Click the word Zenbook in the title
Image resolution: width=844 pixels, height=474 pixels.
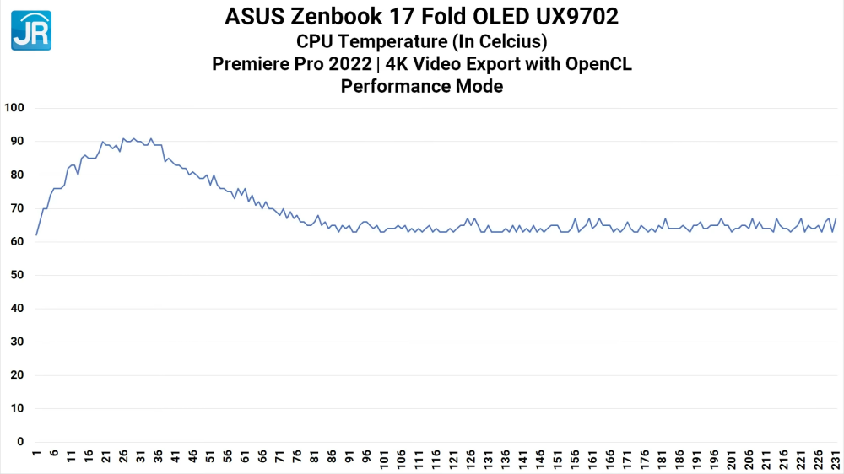(336, 17)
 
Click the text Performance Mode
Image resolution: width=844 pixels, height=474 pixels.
(422, 86)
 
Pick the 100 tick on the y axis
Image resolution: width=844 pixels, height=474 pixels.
(16, 108)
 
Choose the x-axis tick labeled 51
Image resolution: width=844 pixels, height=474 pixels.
(210, 458)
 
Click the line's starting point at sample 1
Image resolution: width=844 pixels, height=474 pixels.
(36, 234)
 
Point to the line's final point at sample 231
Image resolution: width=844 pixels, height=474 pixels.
(836, 218)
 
